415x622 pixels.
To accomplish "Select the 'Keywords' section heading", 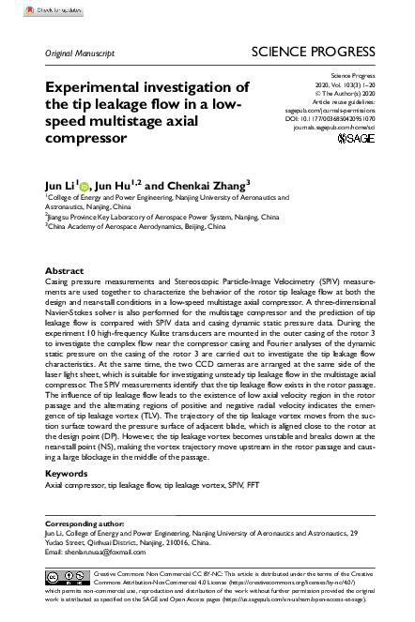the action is click(68, 474).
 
